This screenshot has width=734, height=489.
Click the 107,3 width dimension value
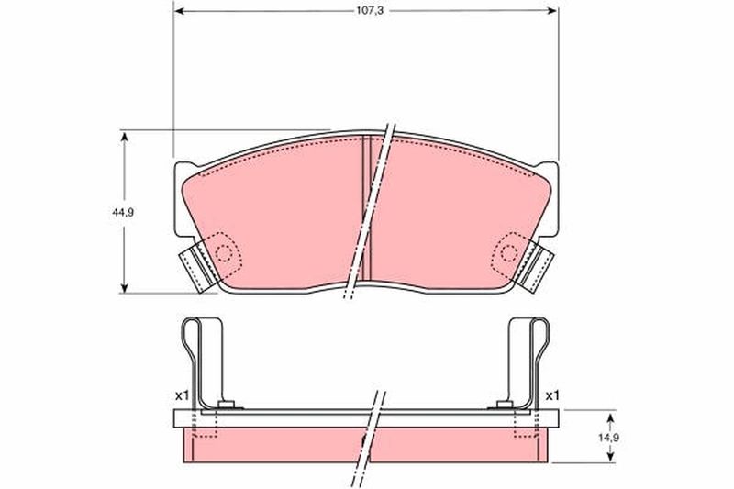(370, 11)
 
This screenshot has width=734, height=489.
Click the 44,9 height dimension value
(123, 213)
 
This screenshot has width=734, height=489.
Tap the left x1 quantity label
(182, 395)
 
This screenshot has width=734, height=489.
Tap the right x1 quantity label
(552, 395)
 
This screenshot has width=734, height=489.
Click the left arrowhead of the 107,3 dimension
(178, 11)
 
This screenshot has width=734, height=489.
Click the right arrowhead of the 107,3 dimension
(553, 11)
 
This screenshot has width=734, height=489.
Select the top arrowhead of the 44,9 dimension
(124, 137)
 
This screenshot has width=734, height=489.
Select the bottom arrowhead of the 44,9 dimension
(124, 287)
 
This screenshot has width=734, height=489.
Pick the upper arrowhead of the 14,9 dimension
(610, 417)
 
